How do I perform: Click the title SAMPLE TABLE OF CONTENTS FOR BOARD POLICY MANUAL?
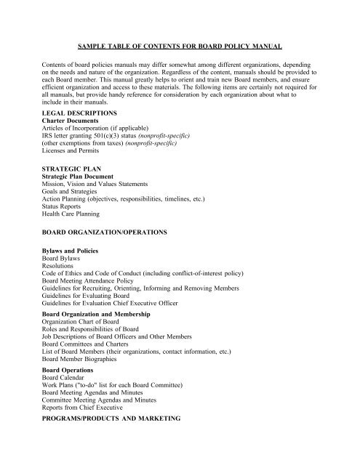[180, 45]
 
